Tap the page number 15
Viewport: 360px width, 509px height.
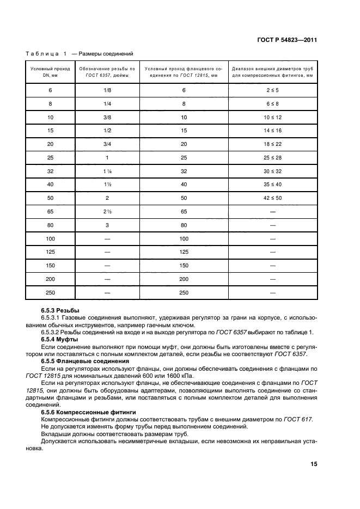tap(314, 464)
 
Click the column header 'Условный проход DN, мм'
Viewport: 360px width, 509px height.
tap(50, 72)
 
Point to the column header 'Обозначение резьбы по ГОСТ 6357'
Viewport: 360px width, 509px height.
tap(107, 72)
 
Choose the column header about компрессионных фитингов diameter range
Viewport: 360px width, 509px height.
tap(272, 72)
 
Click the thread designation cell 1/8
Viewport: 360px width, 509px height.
tap(107, 90)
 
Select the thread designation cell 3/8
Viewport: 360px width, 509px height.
tap(107, 117)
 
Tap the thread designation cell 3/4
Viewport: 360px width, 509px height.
tap(107, 144)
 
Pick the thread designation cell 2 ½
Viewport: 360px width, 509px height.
tap(107, 212)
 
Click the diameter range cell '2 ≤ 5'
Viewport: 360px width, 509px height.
tap(272, 90)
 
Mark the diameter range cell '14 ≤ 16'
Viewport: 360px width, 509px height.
tap(272, 131)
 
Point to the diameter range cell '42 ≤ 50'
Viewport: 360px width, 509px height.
tap(272, 198)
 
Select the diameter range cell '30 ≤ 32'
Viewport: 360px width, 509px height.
tap(272, 171)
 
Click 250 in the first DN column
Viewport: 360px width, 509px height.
tap(50, 293)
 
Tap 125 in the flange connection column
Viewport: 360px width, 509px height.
tap(184, 252)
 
